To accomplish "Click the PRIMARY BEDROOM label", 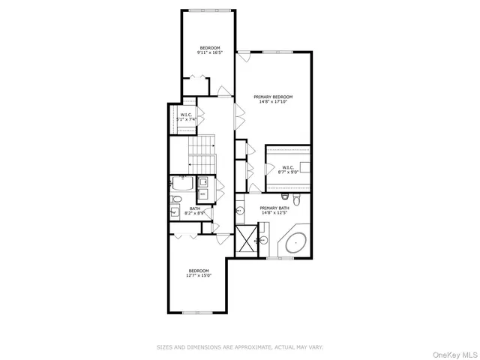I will (x=273, y=97).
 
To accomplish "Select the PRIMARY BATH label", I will (x=274, y=208).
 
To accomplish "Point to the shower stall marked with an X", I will (x=244, y=240).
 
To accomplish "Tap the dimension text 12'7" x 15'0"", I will (x=198, y=276).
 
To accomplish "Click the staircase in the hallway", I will (x=201, y=155).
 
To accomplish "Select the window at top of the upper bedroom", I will (x=209, y=10).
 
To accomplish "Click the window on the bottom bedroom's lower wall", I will (x=195, y=312).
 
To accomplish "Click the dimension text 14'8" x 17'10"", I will (x=273, y=102).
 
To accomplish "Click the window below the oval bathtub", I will (x=280, y=258).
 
